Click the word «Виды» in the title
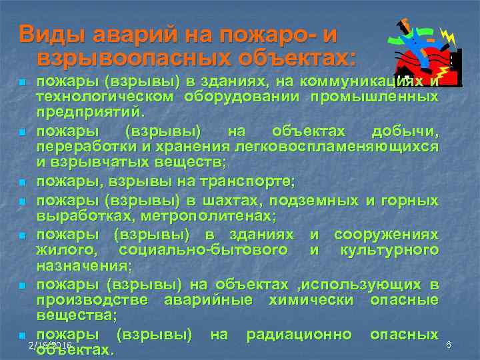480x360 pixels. [x=49, y=34]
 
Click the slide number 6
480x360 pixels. [x=449, y=345]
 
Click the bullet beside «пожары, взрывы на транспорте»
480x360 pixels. [x=22, y=182]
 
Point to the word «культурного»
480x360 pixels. [x=389, y=250]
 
